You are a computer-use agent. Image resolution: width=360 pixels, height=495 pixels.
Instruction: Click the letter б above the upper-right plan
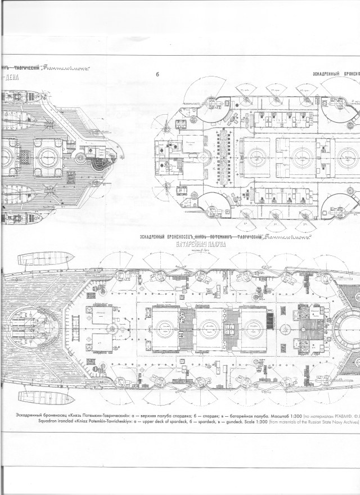157,74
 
